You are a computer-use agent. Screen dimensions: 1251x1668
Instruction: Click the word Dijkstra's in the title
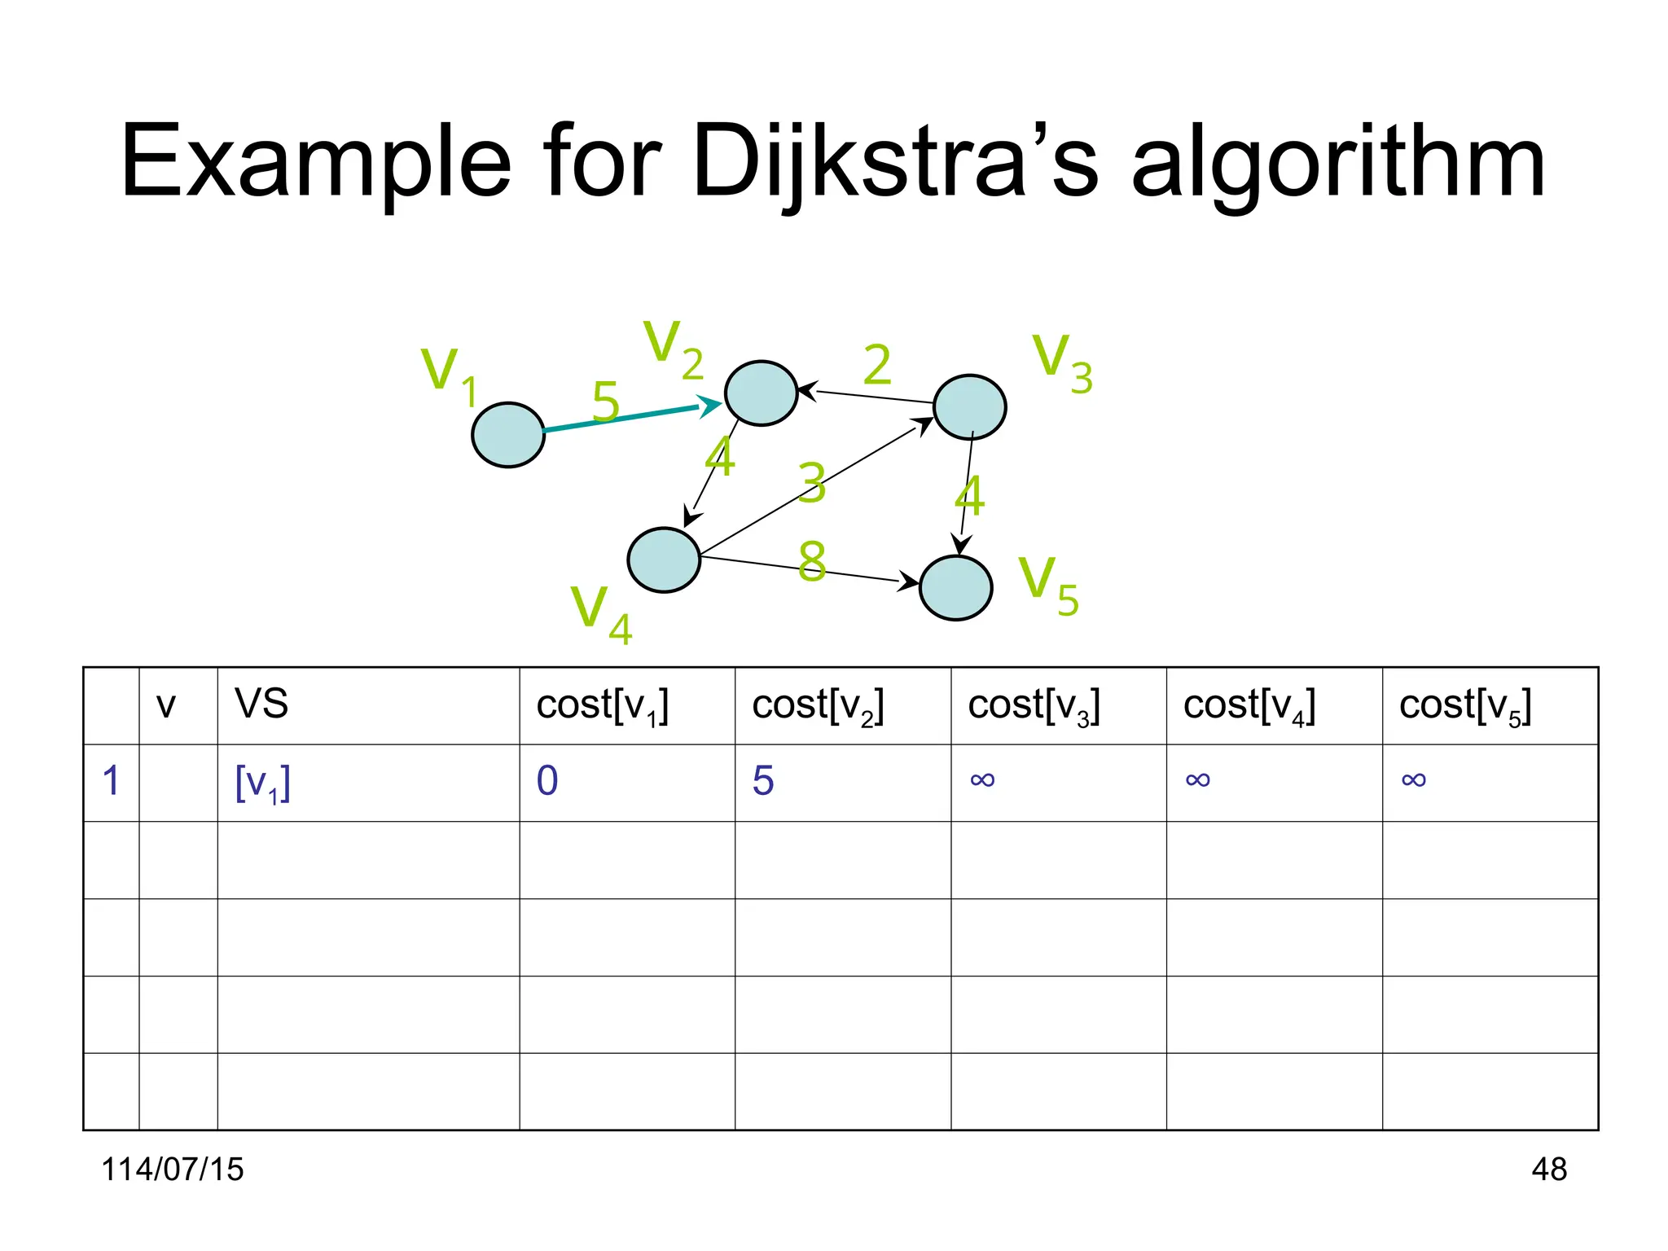point(895,163)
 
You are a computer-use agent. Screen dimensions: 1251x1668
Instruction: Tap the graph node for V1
point(508,435)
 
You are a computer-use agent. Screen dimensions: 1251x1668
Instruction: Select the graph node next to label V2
point(761,393)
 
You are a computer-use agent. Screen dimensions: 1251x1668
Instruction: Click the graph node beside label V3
point(969,407)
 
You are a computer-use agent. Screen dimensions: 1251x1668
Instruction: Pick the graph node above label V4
point(664,560)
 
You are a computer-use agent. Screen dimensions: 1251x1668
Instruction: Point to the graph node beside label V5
point(955,588)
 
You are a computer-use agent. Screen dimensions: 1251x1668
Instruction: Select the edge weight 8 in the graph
point(812,561)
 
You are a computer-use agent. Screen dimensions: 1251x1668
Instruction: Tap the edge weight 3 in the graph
point(812,482)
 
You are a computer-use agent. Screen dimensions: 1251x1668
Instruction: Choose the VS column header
point(261,704)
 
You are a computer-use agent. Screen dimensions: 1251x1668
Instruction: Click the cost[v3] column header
point(1034,705)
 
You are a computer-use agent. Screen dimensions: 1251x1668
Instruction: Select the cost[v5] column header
point(1465,705)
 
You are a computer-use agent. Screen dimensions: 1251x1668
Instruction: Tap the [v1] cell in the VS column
point(262,783)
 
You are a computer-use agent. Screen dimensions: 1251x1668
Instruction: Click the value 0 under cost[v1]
point(547,781)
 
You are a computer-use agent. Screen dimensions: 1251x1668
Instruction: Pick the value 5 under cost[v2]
point(763,781)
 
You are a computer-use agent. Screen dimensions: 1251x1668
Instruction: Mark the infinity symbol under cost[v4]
point(1197,781)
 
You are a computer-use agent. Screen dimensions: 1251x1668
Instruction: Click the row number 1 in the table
point(112,781)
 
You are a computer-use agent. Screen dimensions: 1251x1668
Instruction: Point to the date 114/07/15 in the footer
point(173,1170)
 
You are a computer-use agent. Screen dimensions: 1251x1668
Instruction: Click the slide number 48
point(1548,1170)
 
